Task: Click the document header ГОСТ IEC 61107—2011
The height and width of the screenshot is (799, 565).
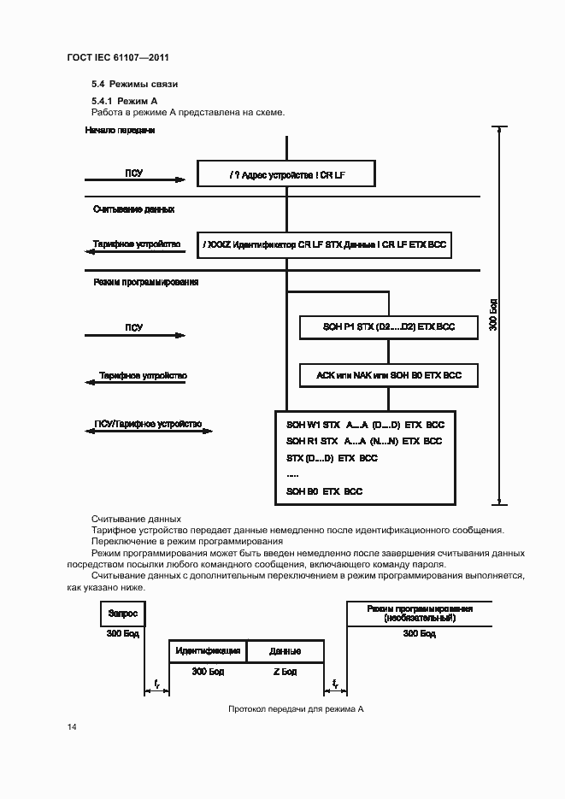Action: click(x=124, y=58)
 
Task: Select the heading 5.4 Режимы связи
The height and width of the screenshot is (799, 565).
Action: click(x=133, y=85)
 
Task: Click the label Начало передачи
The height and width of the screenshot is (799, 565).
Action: click(x=120, y=131)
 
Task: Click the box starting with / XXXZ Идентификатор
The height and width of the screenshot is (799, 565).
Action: click(x=325, y=244)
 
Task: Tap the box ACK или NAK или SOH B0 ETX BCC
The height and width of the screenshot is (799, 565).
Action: click(x=387, y=375)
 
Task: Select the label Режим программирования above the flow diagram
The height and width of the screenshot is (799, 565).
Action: click(x=145, y=282)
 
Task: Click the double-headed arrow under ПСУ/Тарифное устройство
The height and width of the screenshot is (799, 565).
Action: click(x=150, y=433)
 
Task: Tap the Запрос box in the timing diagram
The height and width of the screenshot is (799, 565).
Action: click(x=123, y=614)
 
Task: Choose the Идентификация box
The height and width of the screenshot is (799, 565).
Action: click(x=208, y=651)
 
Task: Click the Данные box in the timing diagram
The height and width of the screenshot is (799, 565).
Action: click(x=285, y=651)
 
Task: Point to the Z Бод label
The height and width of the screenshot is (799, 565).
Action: click(x=285, y=672)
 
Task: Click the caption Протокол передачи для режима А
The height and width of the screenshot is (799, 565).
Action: click(x=296, y=710)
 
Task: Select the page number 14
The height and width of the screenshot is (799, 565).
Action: click(x=72, y=727)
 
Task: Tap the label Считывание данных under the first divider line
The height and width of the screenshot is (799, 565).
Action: click(x=134, y=209)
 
